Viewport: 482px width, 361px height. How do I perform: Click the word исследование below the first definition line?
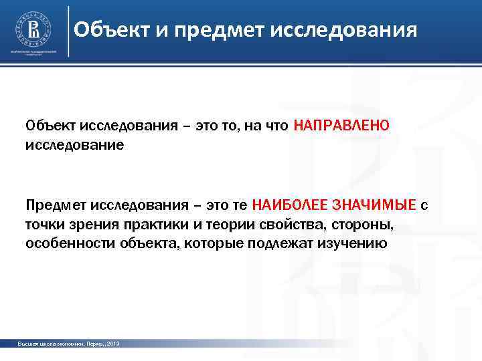(74, 144)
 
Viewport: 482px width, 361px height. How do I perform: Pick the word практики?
(151, 223)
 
